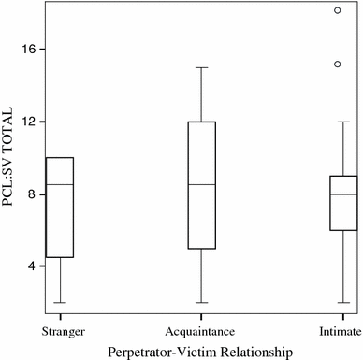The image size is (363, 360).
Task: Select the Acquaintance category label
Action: coord(201,332)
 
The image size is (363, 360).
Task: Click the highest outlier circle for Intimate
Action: coord(338,10)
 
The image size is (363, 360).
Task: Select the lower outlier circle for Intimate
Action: coord(338,65)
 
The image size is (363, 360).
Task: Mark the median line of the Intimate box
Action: coord(338,194)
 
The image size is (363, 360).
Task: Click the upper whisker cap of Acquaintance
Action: coord(201,67)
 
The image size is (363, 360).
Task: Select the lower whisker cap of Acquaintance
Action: coord(201,303)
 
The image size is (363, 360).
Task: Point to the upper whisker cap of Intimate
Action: coord(338,122)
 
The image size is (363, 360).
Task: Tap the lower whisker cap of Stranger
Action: coord(60,303)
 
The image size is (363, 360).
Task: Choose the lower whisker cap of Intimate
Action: coord(338,303)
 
